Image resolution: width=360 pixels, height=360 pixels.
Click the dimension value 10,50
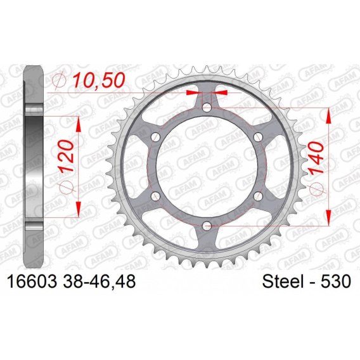(99, 80)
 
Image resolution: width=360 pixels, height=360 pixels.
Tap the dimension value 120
(67, 156)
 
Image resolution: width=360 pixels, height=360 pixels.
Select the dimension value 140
(316, 157)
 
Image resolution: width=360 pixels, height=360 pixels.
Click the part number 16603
(32, 281)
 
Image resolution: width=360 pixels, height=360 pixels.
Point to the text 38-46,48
(98, 281)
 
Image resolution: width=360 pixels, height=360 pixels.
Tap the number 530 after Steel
(336, 281)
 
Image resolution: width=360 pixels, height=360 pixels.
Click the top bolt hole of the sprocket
(207, 107)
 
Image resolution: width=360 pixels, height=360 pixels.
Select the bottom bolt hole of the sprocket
(207, 226)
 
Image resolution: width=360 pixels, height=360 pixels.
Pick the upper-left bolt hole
(156, 137)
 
